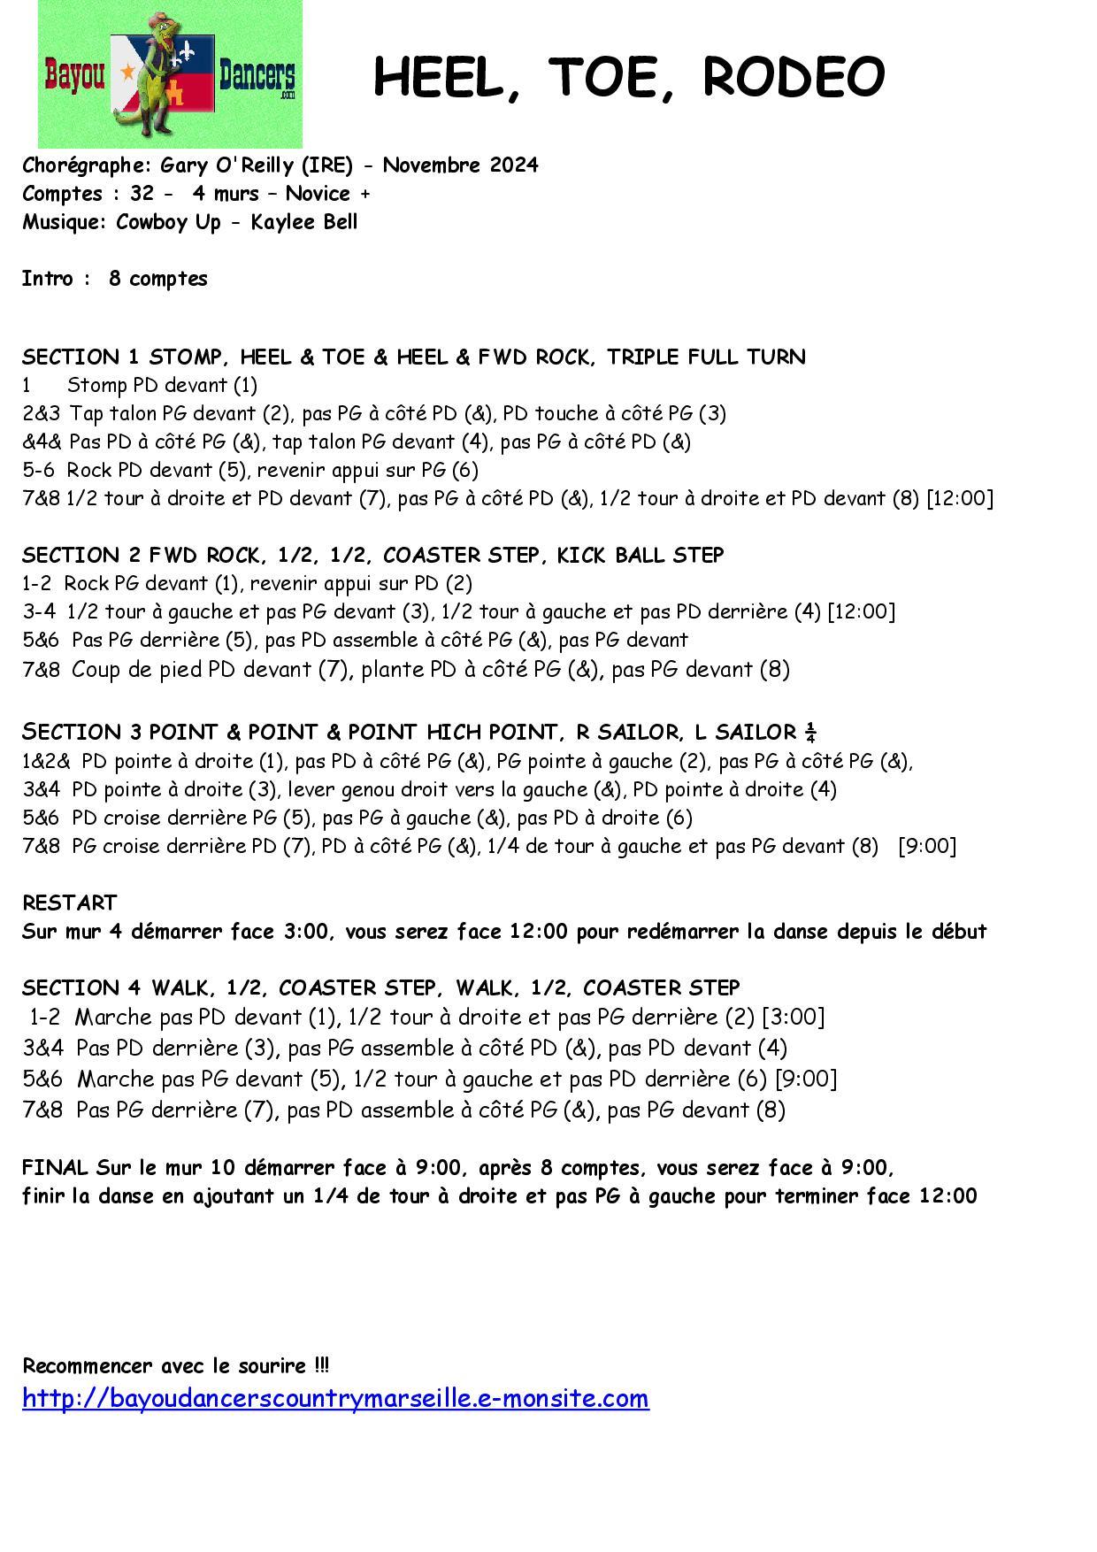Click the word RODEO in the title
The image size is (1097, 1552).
pyautogui.click(x=793, y=77)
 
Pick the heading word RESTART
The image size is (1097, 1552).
pyautogui.click(x=69, y=903)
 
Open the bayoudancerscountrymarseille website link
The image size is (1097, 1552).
pyautogui.click(x=335, y=1398)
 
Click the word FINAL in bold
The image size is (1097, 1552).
pyautogui.click(x=55, y=1167)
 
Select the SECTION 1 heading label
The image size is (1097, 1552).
pyautogui.click(x=81, y=357)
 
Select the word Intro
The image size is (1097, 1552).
pyautogui.click(x=47, y=279)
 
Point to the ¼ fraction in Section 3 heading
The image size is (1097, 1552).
pyautogui.click(x=809, y=732)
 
